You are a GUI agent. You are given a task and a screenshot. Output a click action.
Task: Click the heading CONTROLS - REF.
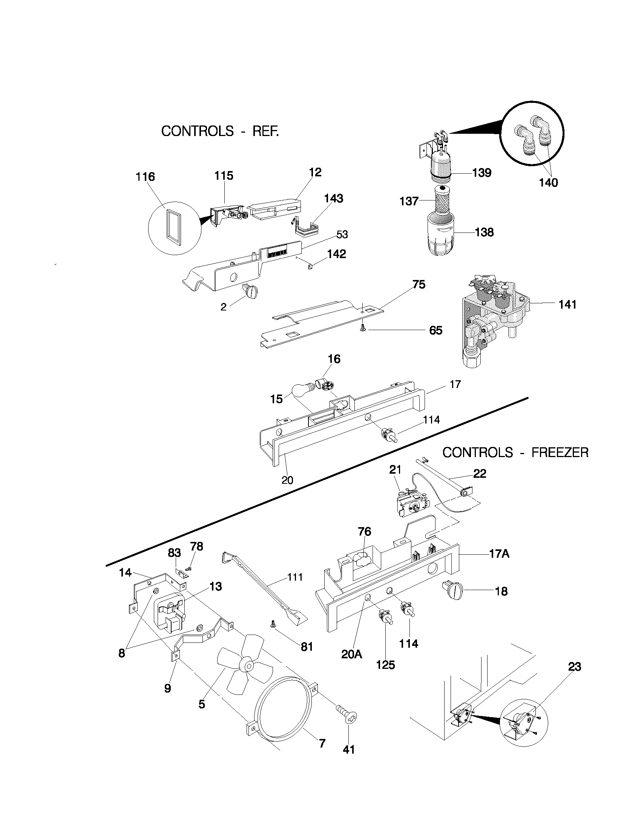(x=220, y=132)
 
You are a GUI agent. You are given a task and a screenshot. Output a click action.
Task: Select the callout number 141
(x=567, y=304)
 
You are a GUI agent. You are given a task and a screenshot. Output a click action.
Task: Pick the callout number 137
(x=409, y=201)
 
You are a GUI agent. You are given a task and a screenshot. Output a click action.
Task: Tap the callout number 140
(x=548, y=183)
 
